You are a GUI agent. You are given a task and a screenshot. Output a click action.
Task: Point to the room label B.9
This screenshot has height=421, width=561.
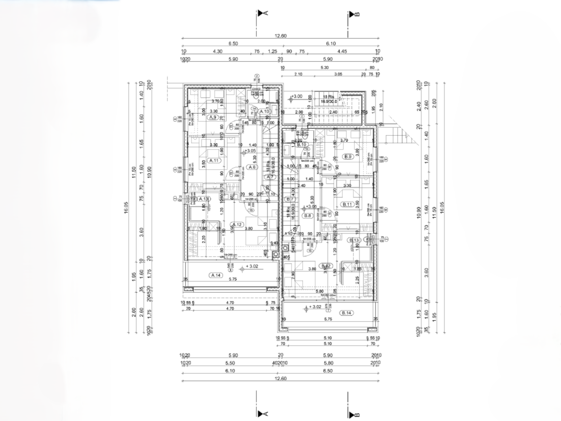click(347, 157)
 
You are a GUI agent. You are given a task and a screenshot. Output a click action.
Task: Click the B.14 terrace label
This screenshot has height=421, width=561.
click(346, 313)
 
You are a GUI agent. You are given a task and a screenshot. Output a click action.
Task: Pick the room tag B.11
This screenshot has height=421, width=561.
click(347, 204)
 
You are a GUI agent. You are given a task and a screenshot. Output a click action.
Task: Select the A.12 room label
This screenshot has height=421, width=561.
click(237, 224)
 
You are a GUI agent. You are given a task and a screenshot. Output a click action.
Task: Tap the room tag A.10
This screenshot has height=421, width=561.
click(265, 111)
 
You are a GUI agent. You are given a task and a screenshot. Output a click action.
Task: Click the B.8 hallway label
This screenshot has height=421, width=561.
click(308, 216)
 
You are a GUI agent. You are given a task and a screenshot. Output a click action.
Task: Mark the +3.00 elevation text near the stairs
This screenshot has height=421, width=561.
click(297, 97)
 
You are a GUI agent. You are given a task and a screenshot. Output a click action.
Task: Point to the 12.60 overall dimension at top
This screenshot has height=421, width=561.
click(280, 36)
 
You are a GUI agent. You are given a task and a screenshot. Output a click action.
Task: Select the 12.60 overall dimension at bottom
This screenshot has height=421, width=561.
click(280, 378)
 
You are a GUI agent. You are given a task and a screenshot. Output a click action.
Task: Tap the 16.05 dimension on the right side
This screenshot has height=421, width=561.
click(442, 207)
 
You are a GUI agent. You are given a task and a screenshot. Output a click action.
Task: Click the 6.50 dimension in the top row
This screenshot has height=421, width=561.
click(233, 44)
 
